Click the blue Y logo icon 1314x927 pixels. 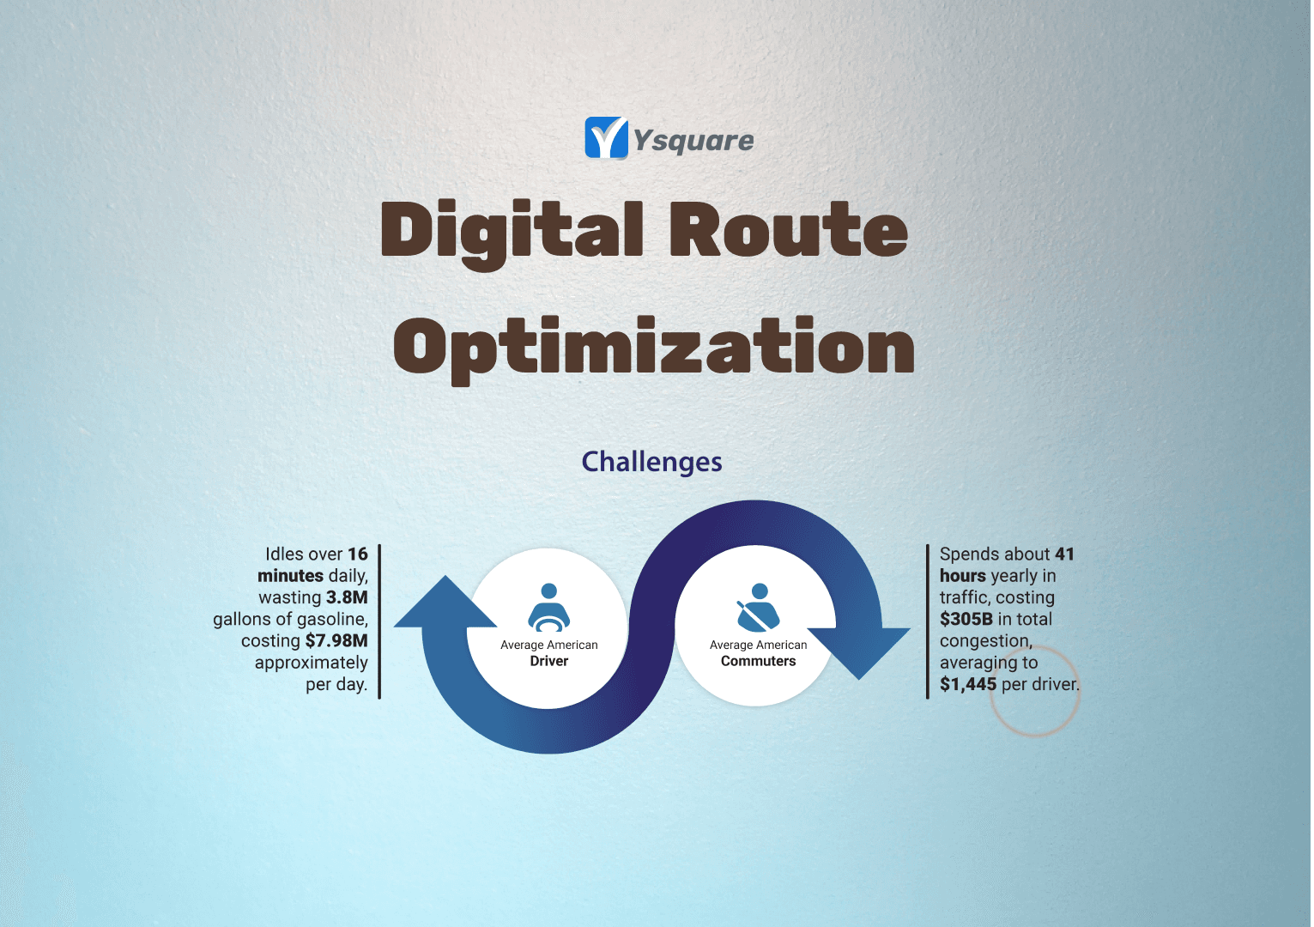click(606, 138)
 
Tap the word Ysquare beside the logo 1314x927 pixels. click(694, 141)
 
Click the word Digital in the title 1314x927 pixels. click(512, 234)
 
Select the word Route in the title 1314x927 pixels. click(789, 230)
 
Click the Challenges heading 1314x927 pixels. click(651, 462)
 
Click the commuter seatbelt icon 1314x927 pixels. click(758, 607)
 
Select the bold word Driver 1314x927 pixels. click(549, 661)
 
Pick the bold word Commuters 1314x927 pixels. click(758, 661)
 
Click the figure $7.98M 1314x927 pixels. click(336, 640)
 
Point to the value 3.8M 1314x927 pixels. click(347, 597)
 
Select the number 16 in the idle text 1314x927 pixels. click(358, 554)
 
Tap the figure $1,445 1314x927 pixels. click(968, 684)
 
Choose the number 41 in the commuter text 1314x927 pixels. click(1064, 554)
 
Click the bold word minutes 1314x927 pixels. click(290, 576)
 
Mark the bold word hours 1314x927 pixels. click(963, 576)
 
